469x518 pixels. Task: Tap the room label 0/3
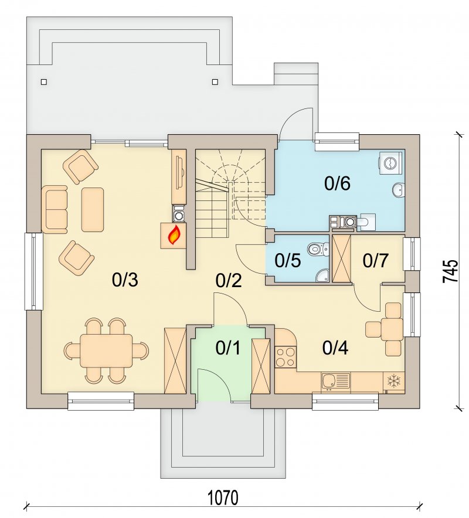click(x=125, y=281)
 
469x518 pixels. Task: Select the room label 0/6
click(x=337, y=183)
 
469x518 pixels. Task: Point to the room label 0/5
click(x=287, y=260)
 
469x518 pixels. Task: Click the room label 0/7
click(x=375, y=261)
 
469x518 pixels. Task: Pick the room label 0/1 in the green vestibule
click(x=228, y=348)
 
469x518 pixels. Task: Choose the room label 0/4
click(x=335, y=348)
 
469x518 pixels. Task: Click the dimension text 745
click(x=450, y=271)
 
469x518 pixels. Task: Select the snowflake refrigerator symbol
click(x=393, y=381)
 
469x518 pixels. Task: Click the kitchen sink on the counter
click(x=335, y=382)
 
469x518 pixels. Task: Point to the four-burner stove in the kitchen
click(x=286, y=357)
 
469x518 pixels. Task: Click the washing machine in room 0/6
click(x=390, y=163)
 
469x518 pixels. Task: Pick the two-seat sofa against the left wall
click(x=55, y=209)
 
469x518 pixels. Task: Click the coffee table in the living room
click(x=93, y=209)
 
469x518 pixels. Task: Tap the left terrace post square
click(x=44, y=82)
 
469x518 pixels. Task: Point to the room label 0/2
click(x=229, y=281)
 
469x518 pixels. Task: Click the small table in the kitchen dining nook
click(x=392, y=329)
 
